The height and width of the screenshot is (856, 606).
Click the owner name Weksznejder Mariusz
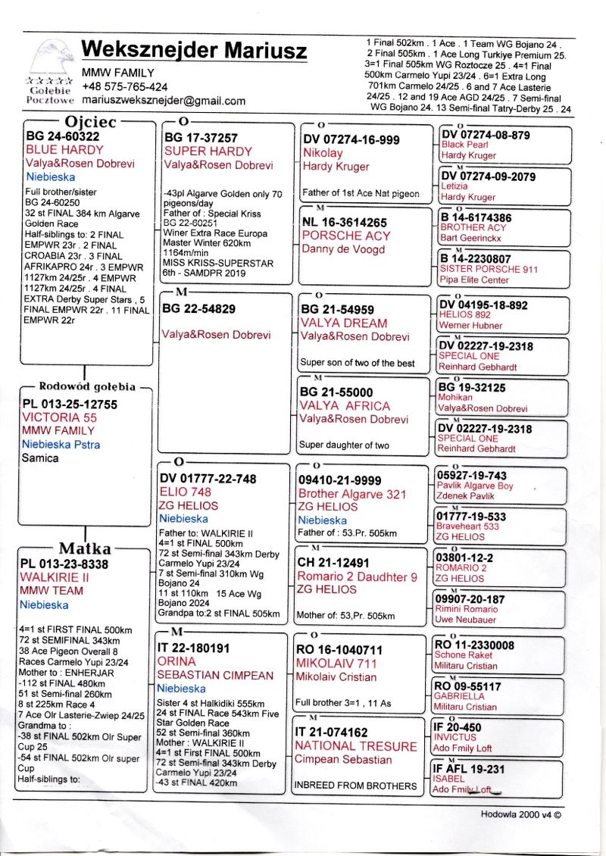194,50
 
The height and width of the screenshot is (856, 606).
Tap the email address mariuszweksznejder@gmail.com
163,101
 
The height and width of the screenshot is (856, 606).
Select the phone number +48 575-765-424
125,87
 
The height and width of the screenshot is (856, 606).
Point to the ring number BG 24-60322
62,136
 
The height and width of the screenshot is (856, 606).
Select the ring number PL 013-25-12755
70,405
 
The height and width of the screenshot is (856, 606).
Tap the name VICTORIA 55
60,417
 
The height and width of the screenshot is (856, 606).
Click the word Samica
40,458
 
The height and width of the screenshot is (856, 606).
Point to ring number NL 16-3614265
345,223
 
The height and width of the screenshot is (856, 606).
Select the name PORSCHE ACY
346,236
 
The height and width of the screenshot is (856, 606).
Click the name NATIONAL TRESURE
355,746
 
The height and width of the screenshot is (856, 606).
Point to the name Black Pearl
464,145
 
